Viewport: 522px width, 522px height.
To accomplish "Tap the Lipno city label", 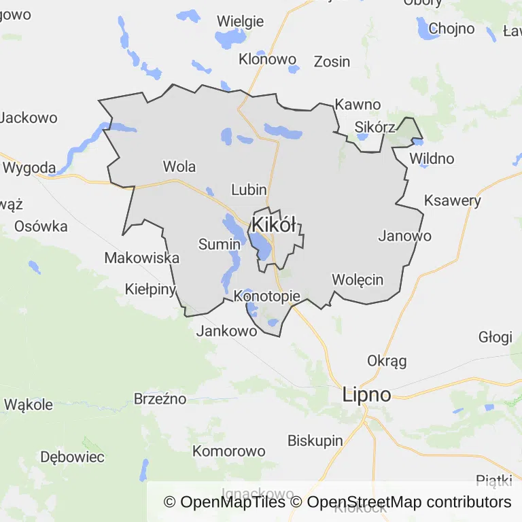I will (x=367, y=395).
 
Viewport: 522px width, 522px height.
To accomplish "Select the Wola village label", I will (x=179, y=167).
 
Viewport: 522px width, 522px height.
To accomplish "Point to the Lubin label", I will (x=249, y=190).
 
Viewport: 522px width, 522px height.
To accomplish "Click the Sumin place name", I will (x=220, y=244).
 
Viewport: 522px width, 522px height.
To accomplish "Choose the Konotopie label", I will (x=266, y=296).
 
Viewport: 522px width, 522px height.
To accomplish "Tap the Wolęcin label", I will (x=358, y=279).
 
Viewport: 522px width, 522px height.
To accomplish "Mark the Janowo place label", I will (x=404, y=237).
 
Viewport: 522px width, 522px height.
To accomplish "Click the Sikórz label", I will (x=375, y=127).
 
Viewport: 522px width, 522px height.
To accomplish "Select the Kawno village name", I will (x=358, y=105).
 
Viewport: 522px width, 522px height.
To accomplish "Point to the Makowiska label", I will (x=142, y=258).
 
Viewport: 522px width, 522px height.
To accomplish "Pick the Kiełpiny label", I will (x=151, y=289).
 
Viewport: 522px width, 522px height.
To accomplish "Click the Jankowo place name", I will (x=226, y=331).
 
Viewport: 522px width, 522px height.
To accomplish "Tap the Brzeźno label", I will (x=160, y=399).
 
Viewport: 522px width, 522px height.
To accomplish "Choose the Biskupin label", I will (x=315, y=440).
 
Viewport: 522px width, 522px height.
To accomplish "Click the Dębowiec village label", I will (x=72, y=457).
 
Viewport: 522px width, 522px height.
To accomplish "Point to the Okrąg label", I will (x=387, y=360).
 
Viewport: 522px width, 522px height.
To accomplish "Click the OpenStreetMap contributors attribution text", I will (x=409, y=502).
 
